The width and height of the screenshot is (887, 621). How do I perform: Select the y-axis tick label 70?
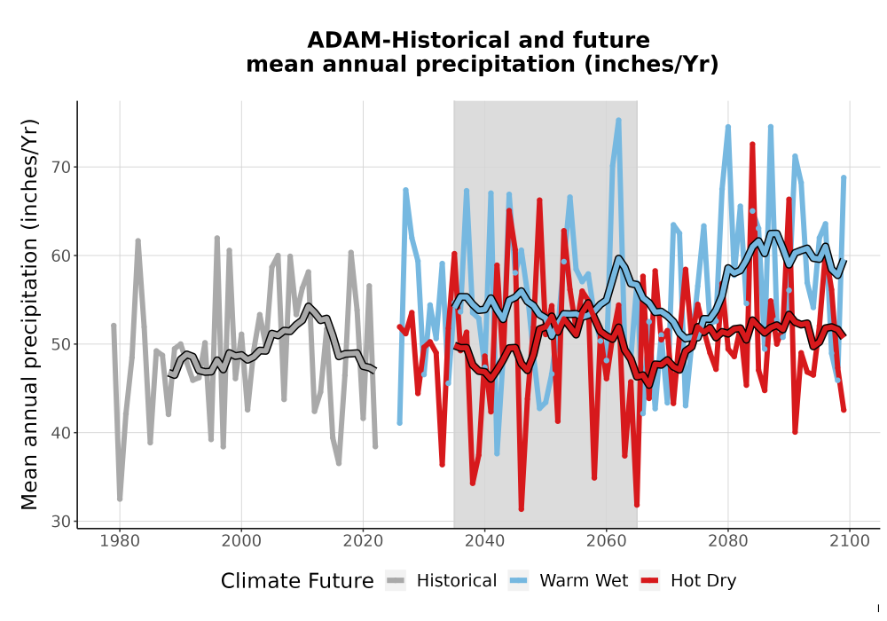tap(61, 168)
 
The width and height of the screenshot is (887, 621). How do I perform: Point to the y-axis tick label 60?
tap(61, 255)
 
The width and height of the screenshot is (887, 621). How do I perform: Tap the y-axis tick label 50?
tap(61, 344)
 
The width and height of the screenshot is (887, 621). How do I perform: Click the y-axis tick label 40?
tap(61, 433)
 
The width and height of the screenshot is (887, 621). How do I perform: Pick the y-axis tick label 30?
tap(61, 522)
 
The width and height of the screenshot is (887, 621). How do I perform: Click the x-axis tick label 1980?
tap(120, 541)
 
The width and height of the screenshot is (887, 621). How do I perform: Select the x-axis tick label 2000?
tap(241, 541)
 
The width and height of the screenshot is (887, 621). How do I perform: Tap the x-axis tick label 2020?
tap(363, 541)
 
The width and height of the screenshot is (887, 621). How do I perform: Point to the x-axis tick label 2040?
tap(485, 541)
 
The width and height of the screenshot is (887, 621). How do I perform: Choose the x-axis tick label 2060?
tap(607, 541)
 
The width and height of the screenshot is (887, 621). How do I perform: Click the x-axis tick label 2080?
tap(728, 541)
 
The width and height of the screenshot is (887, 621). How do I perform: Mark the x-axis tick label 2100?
tap(850, 541)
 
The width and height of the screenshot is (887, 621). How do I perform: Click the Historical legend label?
tap(457, 581)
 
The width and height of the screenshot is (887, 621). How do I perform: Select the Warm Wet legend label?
tap(584, 581)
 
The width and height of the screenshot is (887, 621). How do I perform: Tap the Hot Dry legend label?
tap(703, 581)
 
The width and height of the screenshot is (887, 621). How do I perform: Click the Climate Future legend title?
tap(297, 581)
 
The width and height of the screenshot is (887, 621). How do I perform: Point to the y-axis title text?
tap(29, 314)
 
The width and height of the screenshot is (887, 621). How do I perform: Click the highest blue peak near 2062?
tap(618, 120)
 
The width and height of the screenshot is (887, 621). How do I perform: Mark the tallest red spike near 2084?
tap(752, 145)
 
